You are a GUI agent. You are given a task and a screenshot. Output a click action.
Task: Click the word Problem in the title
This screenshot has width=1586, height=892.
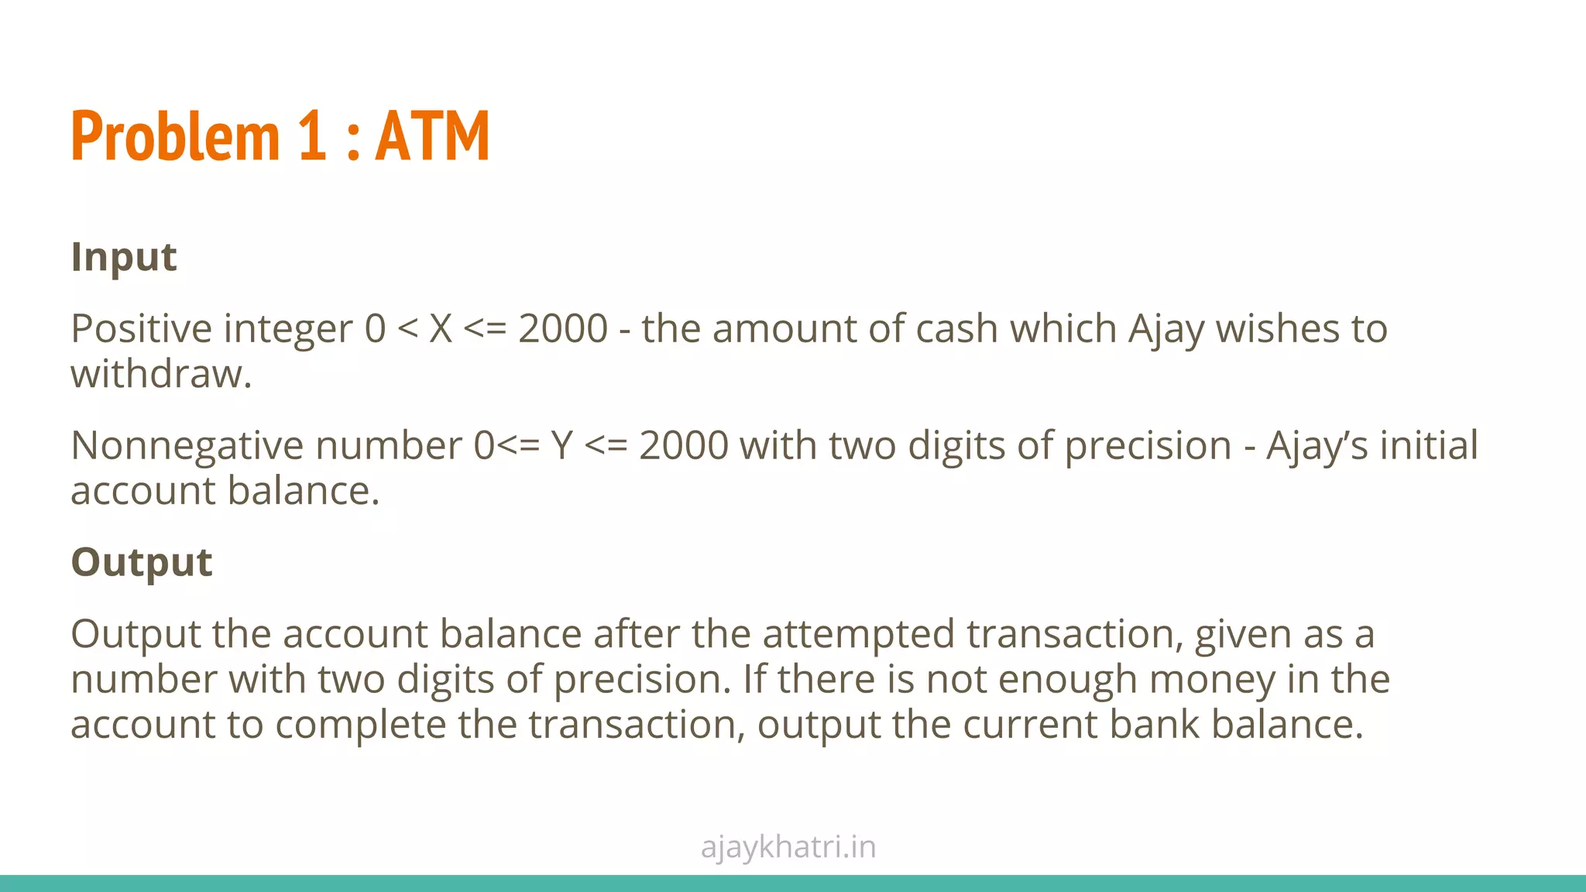pos(174,136)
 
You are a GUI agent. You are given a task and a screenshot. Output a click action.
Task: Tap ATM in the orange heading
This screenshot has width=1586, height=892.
pos(432,136)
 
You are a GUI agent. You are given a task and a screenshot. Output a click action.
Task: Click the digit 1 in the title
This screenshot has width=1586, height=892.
pos(311,136)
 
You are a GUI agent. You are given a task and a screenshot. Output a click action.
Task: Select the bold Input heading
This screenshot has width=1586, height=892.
pos(124,258)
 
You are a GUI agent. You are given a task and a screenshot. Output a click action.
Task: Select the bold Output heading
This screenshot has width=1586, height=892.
pos(142,562)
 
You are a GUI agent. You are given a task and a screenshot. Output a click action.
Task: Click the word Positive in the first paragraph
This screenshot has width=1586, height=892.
pos(140,329)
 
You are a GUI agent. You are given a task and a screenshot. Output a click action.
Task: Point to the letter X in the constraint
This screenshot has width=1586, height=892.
pos(440,329)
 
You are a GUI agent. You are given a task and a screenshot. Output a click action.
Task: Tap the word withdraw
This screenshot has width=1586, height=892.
pos(160,375)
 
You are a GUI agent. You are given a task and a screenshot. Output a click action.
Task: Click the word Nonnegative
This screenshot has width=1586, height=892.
pos(188,446)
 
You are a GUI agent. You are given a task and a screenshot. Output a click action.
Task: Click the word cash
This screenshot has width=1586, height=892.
pos(956,329)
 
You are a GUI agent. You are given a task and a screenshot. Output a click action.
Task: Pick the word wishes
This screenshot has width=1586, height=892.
pos(1277,329)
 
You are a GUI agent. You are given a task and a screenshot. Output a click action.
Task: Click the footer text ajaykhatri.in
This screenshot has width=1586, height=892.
pos(788,847)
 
